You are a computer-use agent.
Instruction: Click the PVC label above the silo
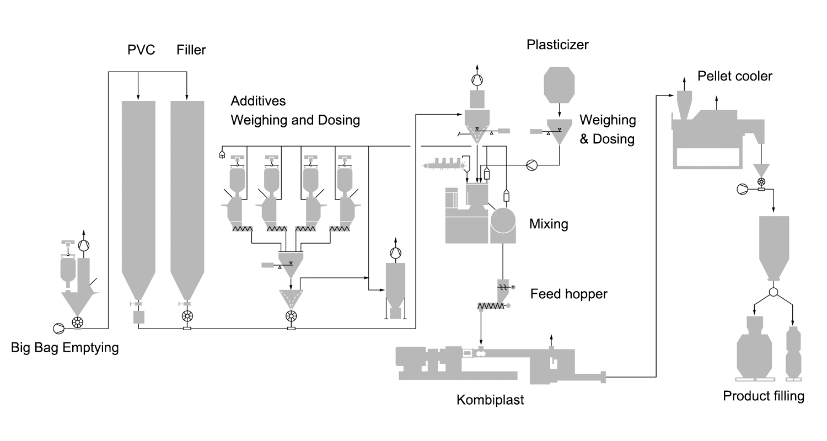(141, 50)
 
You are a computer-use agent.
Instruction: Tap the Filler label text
(191, 50)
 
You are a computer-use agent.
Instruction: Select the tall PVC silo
(138, 193)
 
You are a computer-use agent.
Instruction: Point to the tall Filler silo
(187, 193)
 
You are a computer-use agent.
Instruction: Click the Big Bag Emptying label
(65, 348)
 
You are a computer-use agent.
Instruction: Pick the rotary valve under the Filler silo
(187, 316)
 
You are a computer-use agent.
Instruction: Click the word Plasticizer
(557, 45)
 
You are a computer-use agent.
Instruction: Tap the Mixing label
(549, 224)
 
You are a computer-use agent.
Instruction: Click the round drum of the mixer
(503, 220)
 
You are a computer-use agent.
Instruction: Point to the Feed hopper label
(568, 294)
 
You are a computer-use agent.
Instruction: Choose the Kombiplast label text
(490, 400)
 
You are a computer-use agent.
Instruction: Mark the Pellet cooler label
(735, 76)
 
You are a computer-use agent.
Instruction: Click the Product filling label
(764, 396)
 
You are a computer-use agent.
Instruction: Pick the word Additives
(258, 101)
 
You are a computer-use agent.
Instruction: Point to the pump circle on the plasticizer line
(531, 164)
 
